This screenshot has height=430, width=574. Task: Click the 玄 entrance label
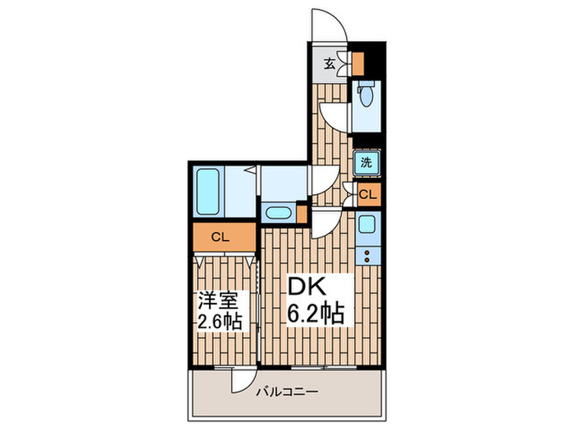(329, 64)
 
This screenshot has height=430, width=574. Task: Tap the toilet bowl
(365, 97)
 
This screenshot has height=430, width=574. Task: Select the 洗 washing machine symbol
(367, 161)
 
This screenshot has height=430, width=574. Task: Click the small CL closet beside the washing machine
(368, 194)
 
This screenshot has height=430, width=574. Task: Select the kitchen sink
(367, 224)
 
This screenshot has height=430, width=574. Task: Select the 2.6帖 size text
(219, 321)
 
